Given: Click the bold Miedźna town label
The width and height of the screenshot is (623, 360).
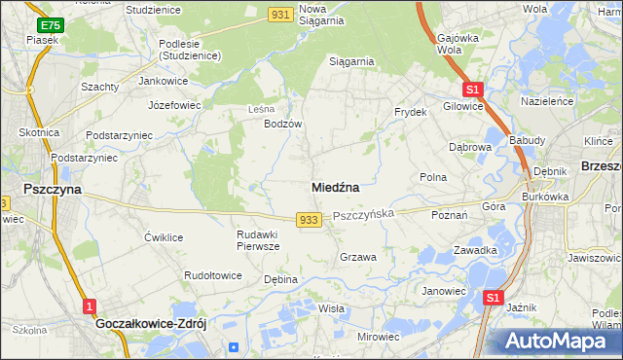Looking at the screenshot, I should [x=336, y=187].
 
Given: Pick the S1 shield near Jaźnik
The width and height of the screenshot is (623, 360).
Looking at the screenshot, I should [x=495, y=299].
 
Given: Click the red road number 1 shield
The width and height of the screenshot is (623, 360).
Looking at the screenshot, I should [x=90, y=306].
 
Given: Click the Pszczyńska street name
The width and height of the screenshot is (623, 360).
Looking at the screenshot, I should [x=363, y=213].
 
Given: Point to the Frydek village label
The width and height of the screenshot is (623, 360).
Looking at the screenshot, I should [x=411, y=112].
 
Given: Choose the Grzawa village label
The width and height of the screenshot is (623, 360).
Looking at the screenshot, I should [x=357, y=258].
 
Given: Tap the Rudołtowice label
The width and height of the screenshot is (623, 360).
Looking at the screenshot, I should [x=213, y=275].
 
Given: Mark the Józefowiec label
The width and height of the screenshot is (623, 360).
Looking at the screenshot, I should [x=172, y=104].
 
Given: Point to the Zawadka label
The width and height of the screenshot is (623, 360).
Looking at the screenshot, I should [x=475, y=250].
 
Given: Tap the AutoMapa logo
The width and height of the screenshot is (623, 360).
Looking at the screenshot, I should [x=558, y=342].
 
